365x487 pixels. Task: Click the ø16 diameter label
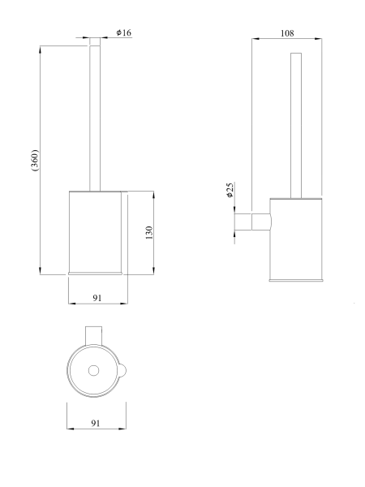(x=124, y=32)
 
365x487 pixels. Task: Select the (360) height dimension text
(x=35, y=160)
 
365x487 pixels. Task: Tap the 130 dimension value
(x=149, y=233)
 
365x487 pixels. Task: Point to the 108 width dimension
(x=287, y=33)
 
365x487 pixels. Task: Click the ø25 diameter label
(x=230, y=190)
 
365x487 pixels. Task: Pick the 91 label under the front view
(x=97, y=298)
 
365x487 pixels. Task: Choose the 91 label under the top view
(x=96, y=423)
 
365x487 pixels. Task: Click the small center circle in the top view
(x=93, y=371)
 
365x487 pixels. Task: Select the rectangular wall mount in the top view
(x=94, y=336)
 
